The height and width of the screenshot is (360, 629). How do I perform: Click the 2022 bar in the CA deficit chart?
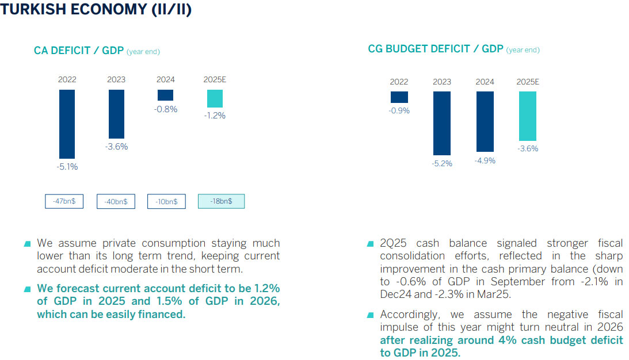[67, 124]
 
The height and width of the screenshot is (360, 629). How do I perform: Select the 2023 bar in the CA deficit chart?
[116, 114]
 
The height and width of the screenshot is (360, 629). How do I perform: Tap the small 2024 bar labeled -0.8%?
[166, 95]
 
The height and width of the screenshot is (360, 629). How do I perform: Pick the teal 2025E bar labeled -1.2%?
[215, 98]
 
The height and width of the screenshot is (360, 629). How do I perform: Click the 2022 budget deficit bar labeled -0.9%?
[399, 97]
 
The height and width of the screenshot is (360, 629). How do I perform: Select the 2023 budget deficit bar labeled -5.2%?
[442, 123]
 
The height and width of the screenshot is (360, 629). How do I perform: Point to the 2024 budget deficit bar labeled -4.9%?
[485, 121]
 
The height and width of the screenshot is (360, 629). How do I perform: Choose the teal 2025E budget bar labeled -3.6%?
[527, 116]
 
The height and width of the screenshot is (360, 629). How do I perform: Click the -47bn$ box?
[64, 201]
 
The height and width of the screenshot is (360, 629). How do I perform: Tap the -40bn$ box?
[116, 201]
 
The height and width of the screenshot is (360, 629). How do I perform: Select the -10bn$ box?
[166, 201]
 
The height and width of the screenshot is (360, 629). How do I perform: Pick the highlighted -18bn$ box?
[221, 201]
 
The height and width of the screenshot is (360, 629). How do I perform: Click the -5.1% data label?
[67, 167]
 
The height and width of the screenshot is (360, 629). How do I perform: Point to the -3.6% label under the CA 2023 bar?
[116, 147]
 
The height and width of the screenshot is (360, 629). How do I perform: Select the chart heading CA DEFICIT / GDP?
[79, 51]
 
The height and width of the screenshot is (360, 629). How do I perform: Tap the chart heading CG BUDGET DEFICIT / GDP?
[436, 49]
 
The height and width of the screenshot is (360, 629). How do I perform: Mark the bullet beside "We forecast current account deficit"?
[28, 289]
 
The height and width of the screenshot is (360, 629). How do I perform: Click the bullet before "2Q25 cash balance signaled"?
[371, 244]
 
